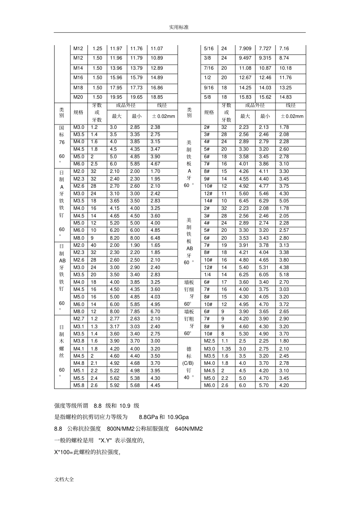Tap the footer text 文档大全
[64, 479]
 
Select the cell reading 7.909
[245, 49]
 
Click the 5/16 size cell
[209, 49]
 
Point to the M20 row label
[78, 97]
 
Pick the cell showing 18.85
[157, 97]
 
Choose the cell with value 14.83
[285, 97]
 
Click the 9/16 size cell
[209, 88]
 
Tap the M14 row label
[78, 68]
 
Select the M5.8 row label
[79, 385]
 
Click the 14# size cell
[208, 201]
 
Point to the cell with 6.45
[244, 201]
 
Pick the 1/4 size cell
[208, 275]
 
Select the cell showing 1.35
[226, 349]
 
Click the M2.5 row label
[209, 341]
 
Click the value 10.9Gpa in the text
[177, 417]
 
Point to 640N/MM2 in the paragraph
[189, 429]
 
